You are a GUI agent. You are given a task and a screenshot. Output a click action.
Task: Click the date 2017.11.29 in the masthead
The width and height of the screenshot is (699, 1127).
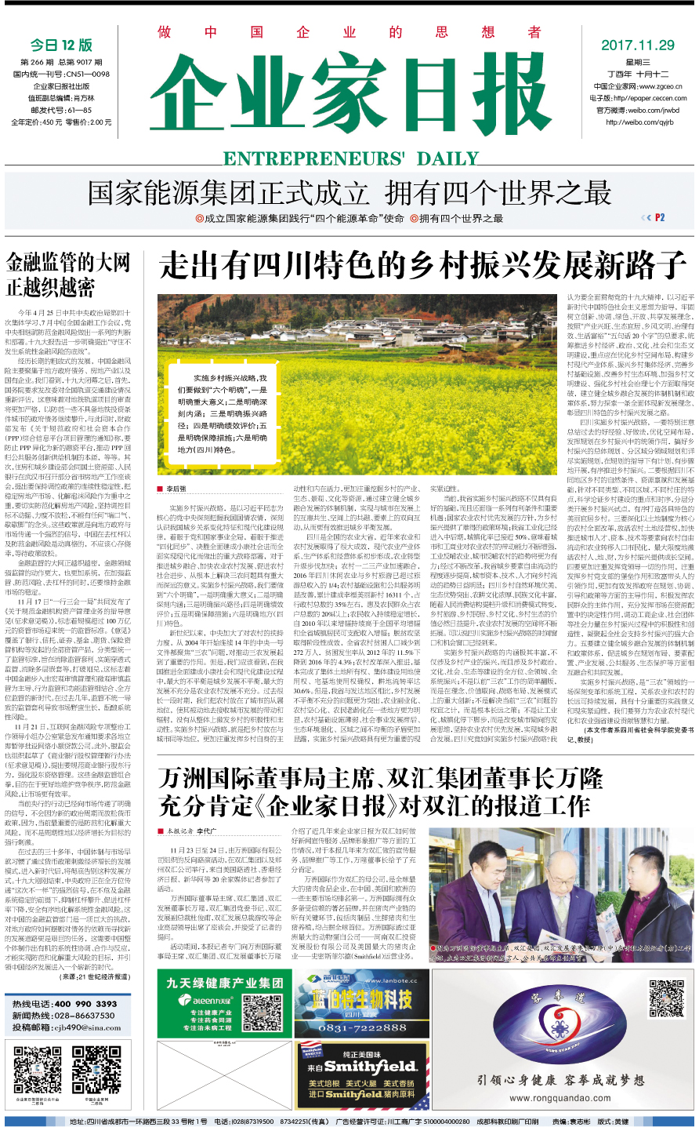637,45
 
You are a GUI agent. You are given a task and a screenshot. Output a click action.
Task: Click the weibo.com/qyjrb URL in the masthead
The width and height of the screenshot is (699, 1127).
639,122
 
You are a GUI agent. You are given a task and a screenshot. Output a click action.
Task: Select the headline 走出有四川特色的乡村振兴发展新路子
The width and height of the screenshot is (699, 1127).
423,266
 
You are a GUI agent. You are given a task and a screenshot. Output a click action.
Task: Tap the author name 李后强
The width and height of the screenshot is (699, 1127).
176,489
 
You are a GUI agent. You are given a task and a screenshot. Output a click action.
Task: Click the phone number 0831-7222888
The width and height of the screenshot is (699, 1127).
362,1028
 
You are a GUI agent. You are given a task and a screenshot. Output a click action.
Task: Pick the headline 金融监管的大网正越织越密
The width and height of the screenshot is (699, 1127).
68,274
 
